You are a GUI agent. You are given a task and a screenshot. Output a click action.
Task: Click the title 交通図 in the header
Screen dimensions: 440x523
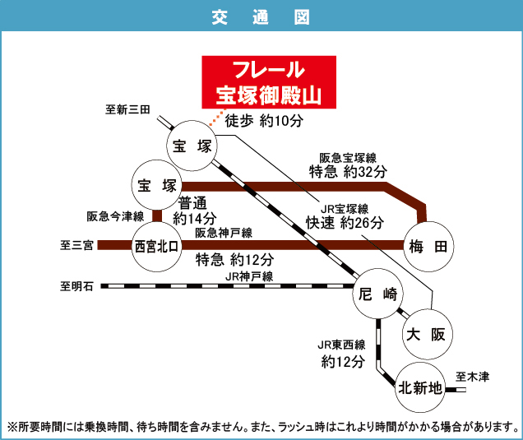[261, 16]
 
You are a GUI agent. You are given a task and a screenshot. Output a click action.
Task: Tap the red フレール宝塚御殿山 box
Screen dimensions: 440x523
[269, 81]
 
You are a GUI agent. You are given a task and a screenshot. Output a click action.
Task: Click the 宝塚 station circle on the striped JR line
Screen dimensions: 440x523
[192, 146]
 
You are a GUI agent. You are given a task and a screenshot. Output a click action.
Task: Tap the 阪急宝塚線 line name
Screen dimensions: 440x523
[348, 157]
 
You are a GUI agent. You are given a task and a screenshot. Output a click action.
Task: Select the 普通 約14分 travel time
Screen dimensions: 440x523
[195, 211]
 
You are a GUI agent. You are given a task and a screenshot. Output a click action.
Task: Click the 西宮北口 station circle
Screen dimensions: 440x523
[156, 246]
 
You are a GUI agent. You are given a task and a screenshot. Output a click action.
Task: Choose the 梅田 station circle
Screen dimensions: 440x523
[428, 245]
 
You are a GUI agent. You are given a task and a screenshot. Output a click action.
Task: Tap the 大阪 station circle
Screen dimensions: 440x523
[425, 334]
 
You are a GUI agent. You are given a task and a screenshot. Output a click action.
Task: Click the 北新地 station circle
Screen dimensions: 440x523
[419, 387]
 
